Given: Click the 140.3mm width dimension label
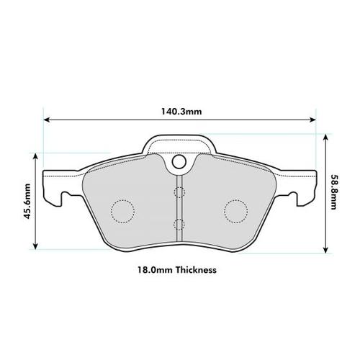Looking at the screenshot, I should pyautogui.click(x=180, y=112).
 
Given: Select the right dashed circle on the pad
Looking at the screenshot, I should pyautogui.click(x=235, y=210).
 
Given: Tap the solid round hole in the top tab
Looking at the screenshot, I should pyautogui.click(x=179, y=162).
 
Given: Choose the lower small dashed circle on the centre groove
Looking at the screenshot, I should pyautogui.click(x=179, y=222).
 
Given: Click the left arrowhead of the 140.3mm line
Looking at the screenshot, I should pyautogui.click(x=47, y=120).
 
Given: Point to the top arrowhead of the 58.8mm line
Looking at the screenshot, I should pyautogui.click(x=326, y=136).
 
